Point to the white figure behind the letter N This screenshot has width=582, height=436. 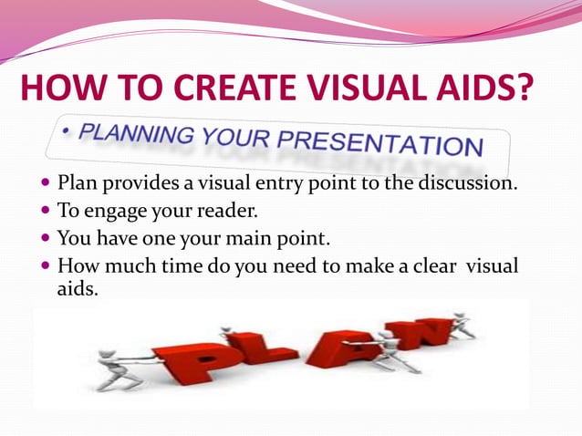pos(462,325)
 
